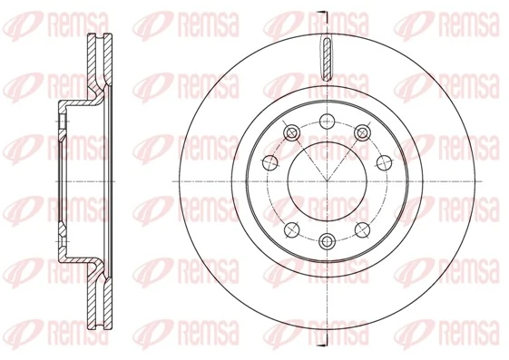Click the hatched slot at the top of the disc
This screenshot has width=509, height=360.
pos(326,61)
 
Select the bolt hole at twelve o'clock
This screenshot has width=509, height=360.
pos(326,120)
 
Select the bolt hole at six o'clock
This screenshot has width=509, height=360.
pos(326,240)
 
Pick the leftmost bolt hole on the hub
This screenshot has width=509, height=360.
pos(269,163)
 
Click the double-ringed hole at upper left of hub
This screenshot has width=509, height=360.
pos(290,133)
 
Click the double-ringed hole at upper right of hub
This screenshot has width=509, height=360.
pos(362,133)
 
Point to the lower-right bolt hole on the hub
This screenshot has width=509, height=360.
pos(362,228)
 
